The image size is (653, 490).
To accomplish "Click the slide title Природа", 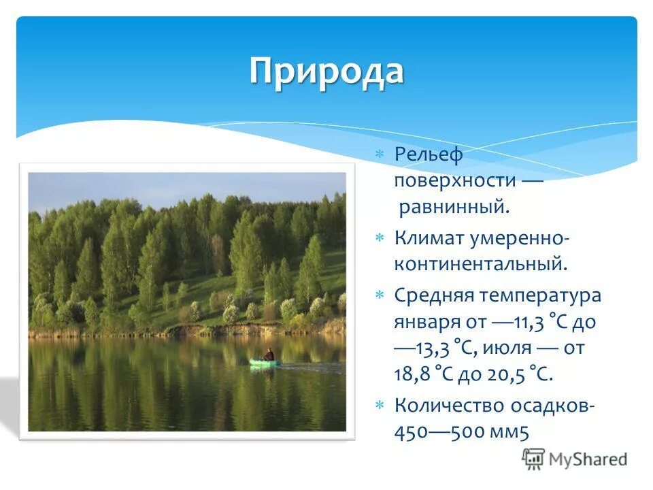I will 326,71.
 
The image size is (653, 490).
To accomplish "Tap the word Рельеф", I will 429,155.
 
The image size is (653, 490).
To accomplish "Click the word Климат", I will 426,238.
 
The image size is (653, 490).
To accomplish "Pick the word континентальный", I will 480,263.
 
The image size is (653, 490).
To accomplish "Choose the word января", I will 425,322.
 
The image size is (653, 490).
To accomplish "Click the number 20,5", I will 503,374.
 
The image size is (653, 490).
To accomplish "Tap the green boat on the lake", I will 265,362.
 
